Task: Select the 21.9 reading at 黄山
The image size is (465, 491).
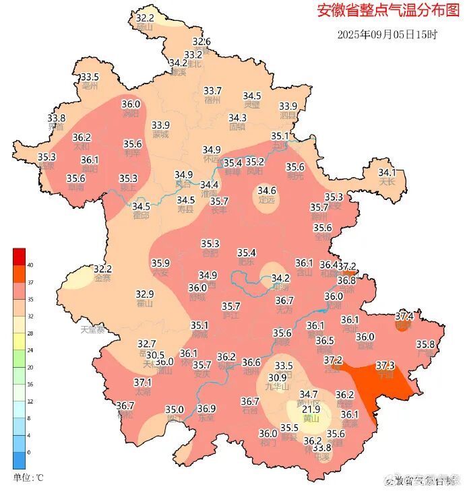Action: pos(311,409)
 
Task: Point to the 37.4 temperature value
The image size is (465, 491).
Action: pos(404,315)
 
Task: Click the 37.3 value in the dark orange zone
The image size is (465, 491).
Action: pos(385,365)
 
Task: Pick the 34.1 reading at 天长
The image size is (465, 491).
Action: pos(387,172)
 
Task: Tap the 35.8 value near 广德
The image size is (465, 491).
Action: pos(426,344)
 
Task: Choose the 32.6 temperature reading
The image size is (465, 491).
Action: pos(201,42)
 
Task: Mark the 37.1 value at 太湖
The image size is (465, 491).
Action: pos(143,382)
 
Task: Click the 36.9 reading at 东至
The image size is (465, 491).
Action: pos(207,409)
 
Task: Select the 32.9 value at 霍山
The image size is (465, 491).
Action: pos(145,294)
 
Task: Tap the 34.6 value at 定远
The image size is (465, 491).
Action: pos(267,191)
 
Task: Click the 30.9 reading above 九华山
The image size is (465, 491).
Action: pos(278,378)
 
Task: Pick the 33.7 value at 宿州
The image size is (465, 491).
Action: pos(213,91)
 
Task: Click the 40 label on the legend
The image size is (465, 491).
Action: pos(30,265)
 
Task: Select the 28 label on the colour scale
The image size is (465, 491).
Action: pos(30,333)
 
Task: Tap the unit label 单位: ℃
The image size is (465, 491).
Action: pos(28,478)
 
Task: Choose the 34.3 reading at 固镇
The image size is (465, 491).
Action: pos(238,117)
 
